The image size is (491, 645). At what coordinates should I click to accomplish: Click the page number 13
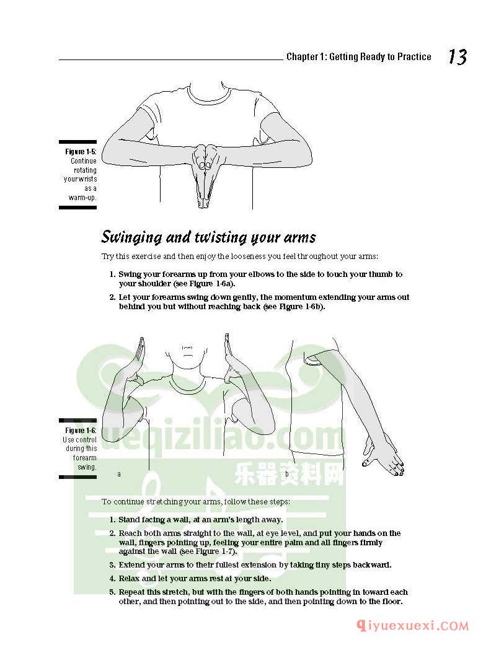pyautogui.click(x=457, y=57)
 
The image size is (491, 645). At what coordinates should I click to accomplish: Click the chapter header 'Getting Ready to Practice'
pyautogui.click(x=380, y=57)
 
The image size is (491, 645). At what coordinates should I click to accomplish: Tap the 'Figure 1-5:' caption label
pyautogui.click(x=81, y=152)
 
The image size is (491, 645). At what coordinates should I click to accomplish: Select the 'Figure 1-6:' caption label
pyautogui.click(x=81, y=431)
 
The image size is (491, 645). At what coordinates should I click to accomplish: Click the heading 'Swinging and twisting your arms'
pyautogui.click(x=208, y=237)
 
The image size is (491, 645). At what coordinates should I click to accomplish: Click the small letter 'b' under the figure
pyautogui.click(x=287, y=474)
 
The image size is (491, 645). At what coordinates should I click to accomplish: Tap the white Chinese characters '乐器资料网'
pyautogui.click(x=288, y=476)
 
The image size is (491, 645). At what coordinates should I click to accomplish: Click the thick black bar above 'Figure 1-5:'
pyautogui.click(x=77, y=143)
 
